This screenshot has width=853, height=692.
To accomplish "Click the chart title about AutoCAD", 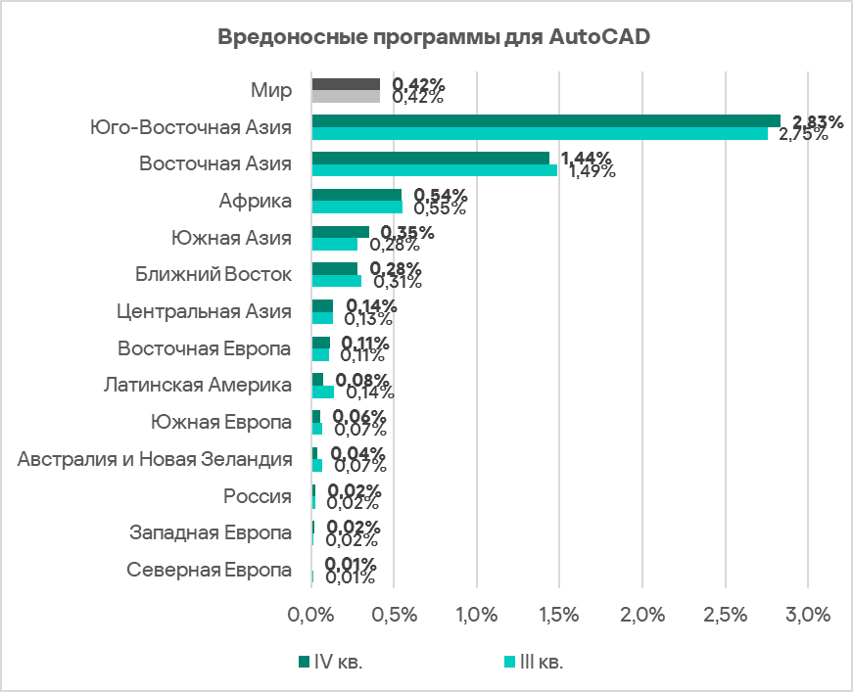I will pyautogui.click(x=433, y=38).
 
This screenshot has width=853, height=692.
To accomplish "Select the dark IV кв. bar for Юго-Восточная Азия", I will pyautogui.click(x=545, y=120).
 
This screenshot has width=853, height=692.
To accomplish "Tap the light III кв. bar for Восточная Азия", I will pyautogui.click(x=434, y=170).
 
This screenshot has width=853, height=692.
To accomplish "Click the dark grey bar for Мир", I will pyautogui.click(x=346, y=84).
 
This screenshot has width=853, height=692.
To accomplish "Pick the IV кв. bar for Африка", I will pyautogui.click(x=356, y=195).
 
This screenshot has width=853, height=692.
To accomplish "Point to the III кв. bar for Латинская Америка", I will pyautogui.click(x=323, y=392).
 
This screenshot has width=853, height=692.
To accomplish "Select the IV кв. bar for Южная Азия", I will pyautogui.click(x=341, y=232).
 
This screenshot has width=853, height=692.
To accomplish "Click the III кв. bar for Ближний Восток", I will pyautogui.click(x=337, y=281).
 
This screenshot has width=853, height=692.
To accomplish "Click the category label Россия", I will pyautogui.click(x=258, y=496).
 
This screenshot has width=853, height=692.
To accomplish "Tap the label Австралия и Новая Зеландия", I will pyautogui.click(x=155, y=459).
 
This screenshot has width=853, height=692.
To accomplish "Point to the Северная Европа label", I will pyautogui.click(x=210, y=571).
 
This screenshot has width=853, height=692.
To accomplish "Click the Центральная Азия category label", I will pyautogui.click(x=204, y=311).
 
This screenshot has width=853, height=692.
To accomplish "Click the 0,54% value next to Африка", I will pyautogui.click(x=441, y=195).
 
